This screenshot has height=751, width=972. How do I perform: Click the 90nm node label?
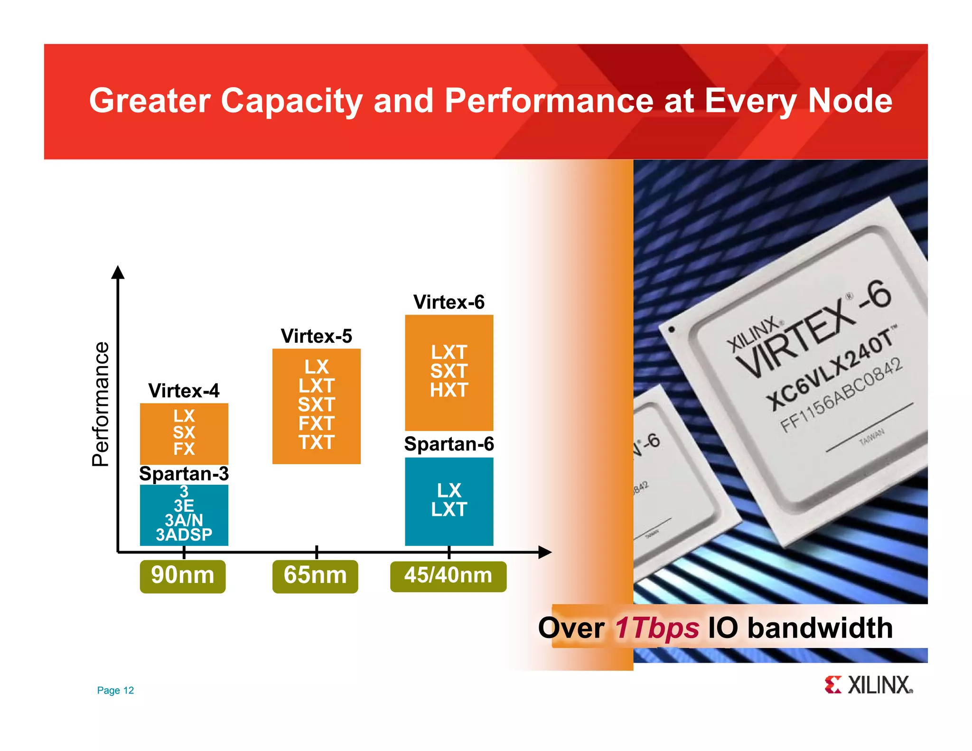tap(182, 576)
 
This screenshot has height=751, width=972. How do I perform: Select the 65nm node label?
tap(315, 576)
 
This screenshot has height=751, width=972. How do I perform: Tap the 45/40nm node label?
tap(448, 576)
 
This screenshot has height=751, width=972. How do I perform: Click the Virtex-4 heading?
tap(184, 391)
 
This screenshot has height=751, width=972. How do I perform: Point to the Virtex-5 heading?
tap(316, 336)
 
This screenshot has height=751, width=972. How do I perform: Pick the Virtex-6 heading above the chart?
tap(449, 302)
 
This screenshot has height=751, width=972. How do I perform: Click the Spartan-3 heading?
tap(184, 474)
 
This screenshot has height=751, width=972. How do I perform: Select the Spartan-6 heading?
tap(449, 444)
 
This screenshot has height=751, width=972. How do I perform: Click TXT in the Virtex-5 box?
tap(317, 442)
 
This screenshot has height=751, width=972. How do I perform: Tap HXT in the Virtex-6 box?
tap(449, 390)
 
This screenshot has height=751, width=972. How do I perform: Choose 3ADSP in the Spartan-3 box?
tap(184, 535)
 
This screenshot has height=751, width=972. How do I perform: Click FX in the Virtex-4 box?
tap(184, 449)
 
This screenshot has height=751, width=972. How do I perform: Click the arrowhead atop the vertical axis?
tap(118, 272)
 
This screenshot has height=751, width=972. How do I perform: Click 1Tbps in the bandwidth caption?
tap(656, 628)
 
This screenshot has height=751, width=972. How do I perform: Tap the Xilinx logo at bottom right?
tap(868, 685)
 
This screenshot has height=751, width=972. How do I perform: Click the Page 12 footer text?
tap(115, 690)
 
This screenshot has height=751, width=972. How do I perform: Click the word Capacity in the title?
tap(291, 101)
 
